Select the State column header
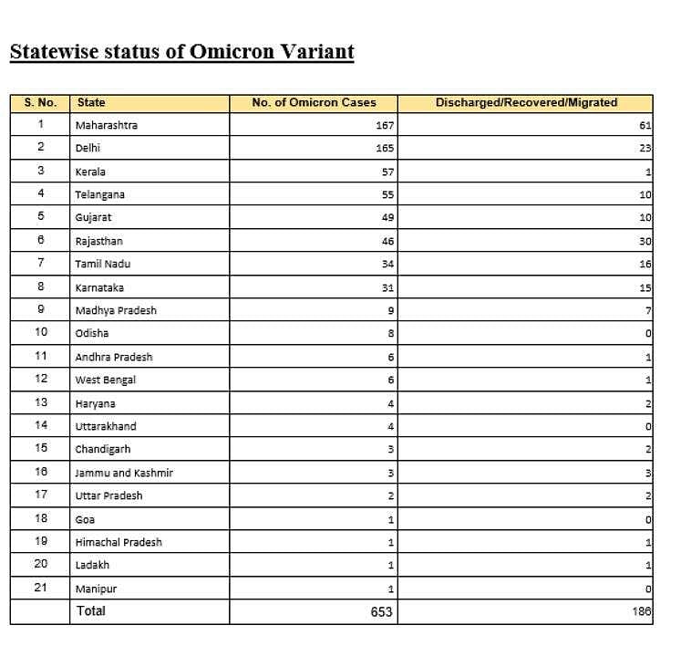tap(91, 103)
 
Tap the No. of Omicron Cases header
tap(314, 103)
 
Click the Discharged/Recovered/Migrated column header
tap(526, 103)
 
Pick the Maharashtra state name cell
tap(107, 125)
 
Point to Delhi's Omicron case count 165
tap(384, 148)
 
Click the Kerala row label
tap(90, 172)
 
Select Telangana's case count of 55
tap(387, 194)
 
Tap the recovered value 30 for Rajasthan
tap(645, 242)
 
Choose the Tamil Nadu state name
tap(103, 265)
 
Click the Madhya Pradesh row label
tap(116, 310)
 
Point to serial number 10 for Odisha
tap(40, 333)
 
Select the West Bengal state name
tap(106, 380)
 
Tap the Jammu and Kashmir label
tap(124, 473)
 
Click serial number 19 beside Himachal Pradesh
tap(40, 541)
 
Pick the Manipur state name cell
tap(96, 589)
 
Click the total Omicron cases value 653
tap(381, 611)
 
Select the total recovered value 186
tap(642, 611)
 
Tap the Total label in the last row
tap(91, 610)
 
